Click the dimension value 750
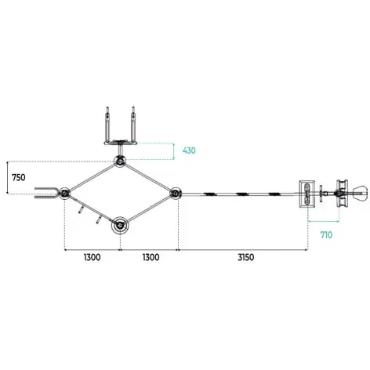pos(19,178)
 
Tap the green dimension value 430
pos(189,151)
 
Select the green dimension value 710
pos(327,235)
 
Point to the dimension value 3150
pos(246,257)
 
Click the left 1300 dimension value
pos(92,257)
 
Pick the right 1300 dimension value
pos(151,257)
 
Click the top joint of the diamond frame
pos(120,161)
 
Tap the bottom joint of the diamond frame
pos(120,225)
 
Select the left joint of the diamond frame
pos(64,194)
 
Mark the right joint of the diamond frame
pos(175,194)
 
